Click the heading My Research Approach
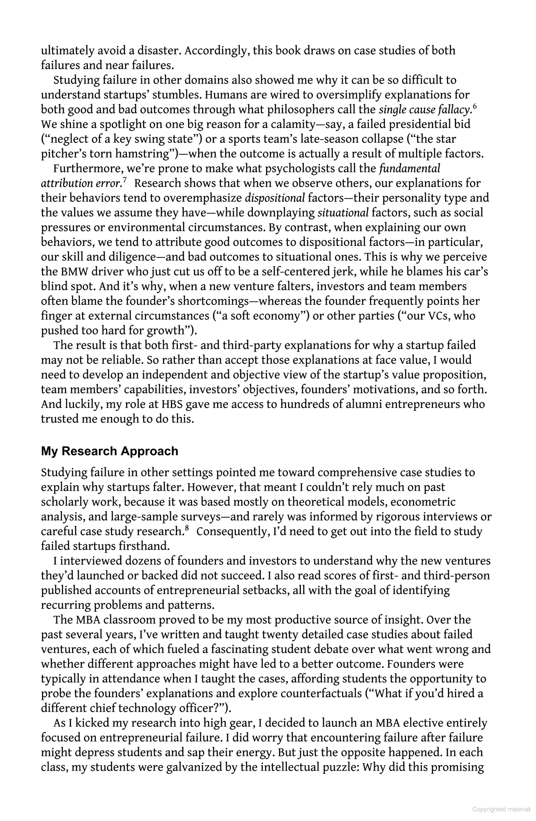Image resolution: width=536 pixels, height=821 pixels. click(109, 451)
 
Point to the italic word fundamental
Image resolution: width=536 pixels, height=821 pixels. click(410, 169)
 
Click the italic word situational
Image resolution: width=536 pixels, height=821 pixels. click(343, 213)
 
